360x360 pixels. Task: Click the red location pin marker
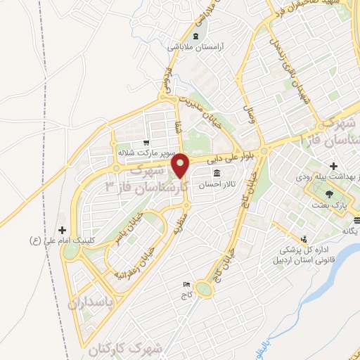(182, 165)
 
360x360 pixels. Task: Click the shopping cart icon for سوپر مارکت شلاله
(146, 141)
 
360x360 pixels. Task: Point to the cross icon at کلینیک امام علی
(63, 230)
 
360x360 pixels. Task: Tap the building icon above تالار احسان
(216, 174)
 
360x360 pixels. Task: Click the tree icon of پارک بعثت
(328, 193)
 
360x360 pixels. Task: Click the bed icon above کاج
(186, 285)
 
